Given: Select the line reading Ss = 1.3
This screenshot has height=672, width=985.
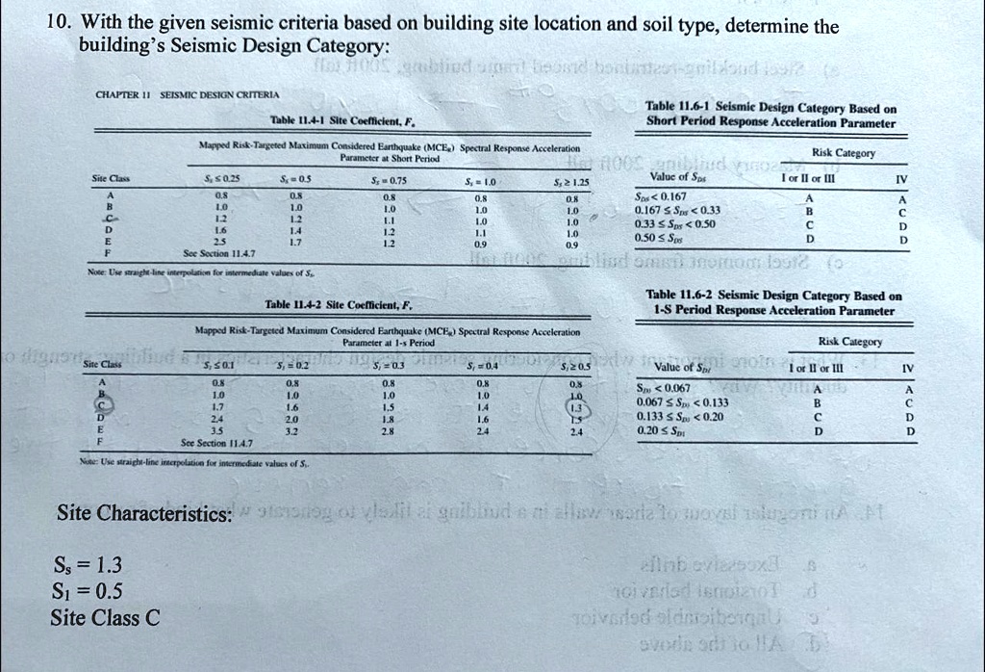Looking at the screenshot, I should coord(88,565).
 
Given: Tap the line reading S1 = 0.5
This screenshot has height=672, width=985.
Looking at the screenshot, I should coord(88,591).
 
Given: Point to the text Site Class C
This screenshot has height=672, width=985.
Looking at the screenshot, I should coord(106,618).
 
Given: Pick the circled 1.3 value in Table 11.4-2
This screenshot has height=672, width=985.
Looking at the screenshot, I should coord(576,406).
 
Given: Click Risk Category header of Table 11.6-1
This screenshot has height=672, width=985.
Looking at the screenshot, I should coord(845,152).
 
